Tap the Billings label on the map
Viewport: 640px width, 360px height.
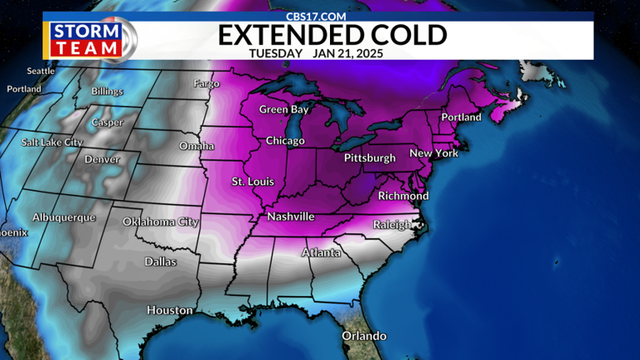click(x=107, y=92)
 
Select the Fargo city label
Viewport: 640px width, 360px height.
click(x=206, y=83)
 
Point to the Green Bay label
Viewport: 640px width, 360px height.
click(x=284, y=110)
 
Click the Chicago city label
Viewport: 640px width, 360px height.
click(x=285, y=141)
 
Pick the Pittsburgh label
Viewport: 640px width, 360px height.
click(x=369, y=157)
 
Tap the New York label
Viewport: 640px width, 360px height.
click(x=434, y=153)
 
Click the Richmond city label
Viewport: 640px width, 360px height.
click(x=403, y=196)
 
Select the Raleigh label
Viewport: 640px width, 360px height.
click(x=392, y=224)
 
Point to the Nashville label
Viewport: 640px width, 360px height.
click(x=291, y=217)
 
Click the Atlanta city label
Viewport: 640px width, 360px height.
click(x=320, y=252)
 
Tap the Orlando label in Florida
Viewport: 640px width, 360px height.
click(x=364, y=336)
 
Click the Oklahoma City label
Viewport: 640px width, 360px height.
click(x=160, y=222)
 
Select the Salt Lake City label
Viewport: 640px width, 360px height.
click(x=52, y=142)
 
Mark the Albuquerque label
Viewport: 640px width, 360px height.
click(x=64, y=217)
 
